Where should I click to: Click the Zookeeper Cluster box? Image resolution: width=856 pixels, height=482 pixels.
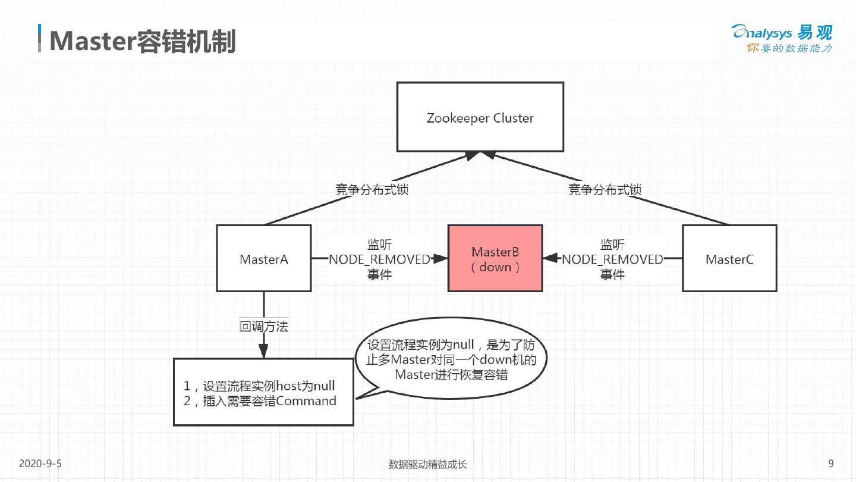480,117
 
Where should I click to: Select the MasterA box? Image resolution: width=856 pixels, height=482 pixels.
263,258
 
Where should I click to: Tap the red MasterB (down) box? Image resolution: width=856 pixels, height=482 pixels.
495,258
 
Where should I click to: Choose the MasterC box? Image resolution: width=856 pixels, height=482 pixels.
729,258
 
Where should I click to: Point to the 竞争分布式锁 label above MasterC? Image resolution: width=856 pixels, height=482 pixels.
605,190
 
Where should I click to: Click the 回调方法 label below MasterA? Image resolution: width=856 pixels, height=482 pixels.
263,326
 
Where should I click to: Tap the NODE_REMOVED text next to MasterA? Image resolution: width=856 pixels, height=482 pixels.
379,259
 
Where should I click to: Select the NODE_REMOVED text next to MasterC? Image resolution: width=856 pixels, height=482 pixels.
612,259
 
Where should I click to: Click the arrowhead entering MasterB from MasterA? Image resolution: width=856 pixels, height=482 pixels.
440,258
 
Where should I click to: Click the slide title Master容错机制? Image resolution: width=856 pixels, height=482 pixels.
143,41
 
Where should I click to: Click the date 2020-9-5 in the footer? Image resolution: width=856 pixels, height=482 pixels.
40,464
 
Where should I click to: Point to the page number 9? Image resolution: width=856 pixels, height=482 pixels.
830,464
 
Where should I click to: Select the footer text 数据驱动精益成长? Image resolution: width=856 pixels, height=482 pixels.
427,464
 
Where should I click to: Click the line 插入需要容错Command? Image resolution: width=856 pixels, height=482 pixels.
260,401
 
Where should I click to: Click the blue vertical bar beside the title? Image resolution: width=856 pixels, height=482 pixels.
40,39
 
